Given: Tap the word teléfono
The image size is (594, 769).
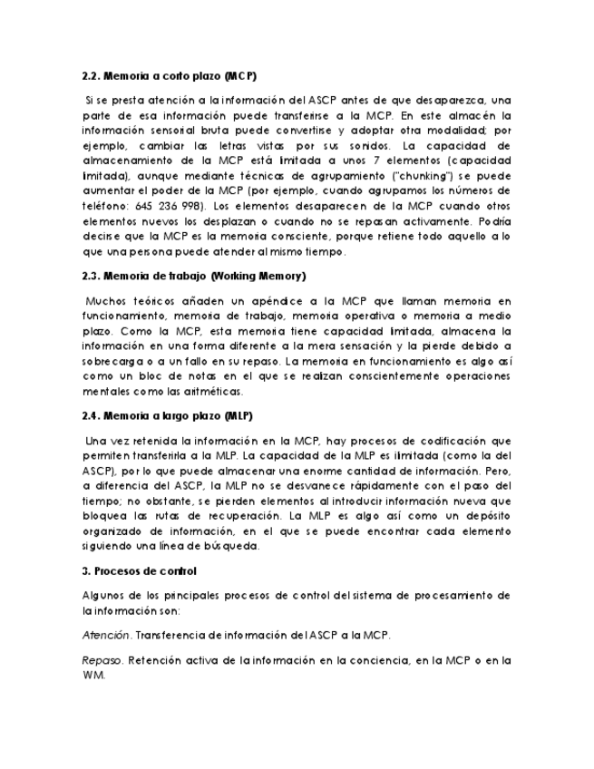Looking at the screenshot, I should pos(102,205).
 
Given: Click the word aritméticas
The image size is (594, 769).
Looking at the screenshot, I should pos(213,391).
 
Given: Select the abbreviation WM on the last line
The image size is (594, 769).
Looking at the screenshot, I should pos(93,675).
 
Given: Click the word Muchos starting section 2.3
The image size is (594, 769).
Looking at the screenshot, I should pos(106,300).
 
